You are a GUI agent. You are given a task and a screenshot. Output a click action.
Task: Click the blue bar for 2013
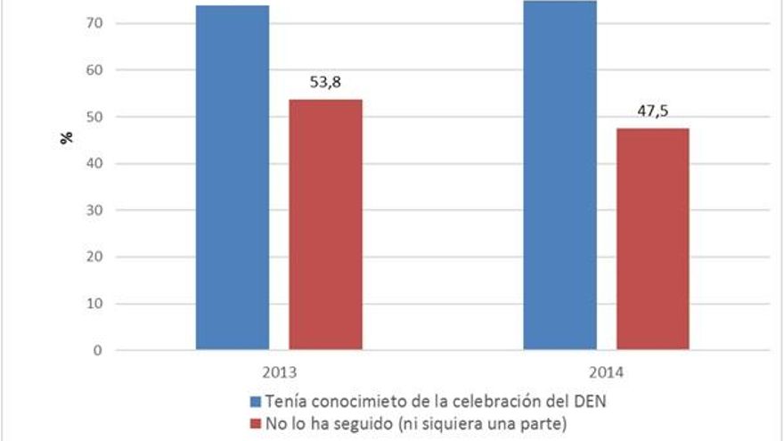[x=233, y=178]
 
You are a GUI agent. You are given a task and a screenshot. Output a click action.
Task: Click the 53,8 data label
[x=325, y=83]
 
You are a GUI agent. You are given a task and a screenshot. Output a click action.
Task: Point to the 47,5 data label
[x=653, y=112]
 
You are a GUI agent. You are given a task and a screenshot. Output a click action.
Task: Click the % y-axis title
[x=66, y=139]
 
